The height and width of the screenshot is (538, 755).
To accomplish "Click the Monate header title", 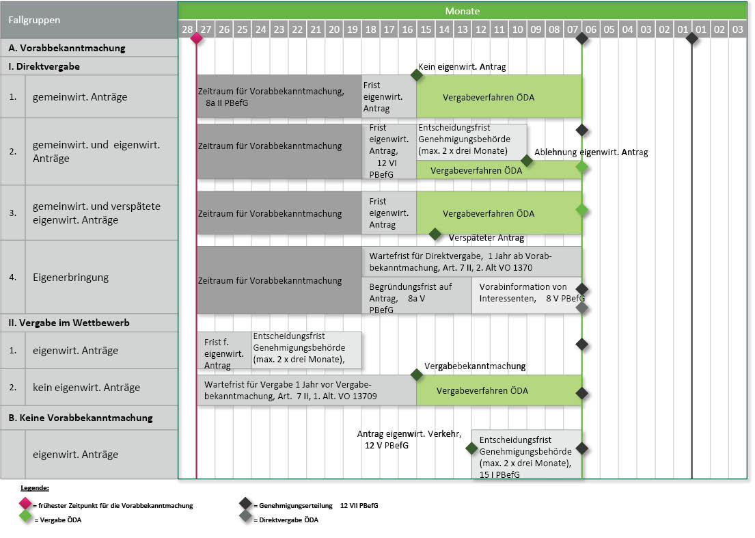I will coord(462,11).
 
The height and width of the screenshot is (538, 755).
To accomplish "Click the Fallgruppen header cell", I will coord(34,20).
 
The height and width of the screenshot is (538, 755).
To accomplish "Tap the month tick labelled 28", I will coord(187,29).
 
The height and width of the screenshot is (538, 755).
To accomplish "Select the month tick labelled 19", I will coord(352,29).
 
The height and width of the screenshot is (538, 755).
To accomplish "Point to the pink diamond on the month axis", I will coord(197,38).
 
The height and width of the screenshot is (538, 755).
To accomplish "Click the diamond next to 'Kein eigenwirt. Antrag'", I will coord(417,75).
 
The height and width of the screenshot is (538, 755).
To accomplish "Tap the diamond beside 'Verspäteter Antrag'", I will coord(435,234).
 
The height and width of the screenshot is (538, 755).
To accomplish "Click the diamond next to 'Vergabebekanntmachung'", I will coord(417,375).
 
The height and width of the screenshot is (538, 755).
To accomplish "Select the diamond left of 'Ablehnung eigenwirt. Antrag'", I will coord(526,160).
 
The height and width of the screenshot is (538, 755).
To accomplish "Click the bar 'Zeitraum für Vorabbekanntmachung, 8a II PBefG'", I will coord(279,96).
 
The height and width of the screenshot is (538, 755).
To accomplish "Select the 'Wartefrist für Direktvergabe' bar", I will coord(471,261).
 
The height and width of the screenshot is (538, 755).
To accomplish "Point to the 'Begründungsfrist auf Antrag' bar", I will coord(417,295).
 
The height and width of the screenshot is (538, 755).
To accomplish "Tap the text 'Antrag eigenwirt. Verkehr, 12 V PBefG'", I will coord(410,439).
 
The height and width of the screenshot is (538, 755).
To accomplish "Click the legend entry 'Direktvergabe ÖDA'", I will coord(286,520).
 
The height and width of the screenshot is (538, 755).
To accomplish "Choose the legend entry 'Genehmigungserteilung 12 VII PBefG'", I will coord(314,506).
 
